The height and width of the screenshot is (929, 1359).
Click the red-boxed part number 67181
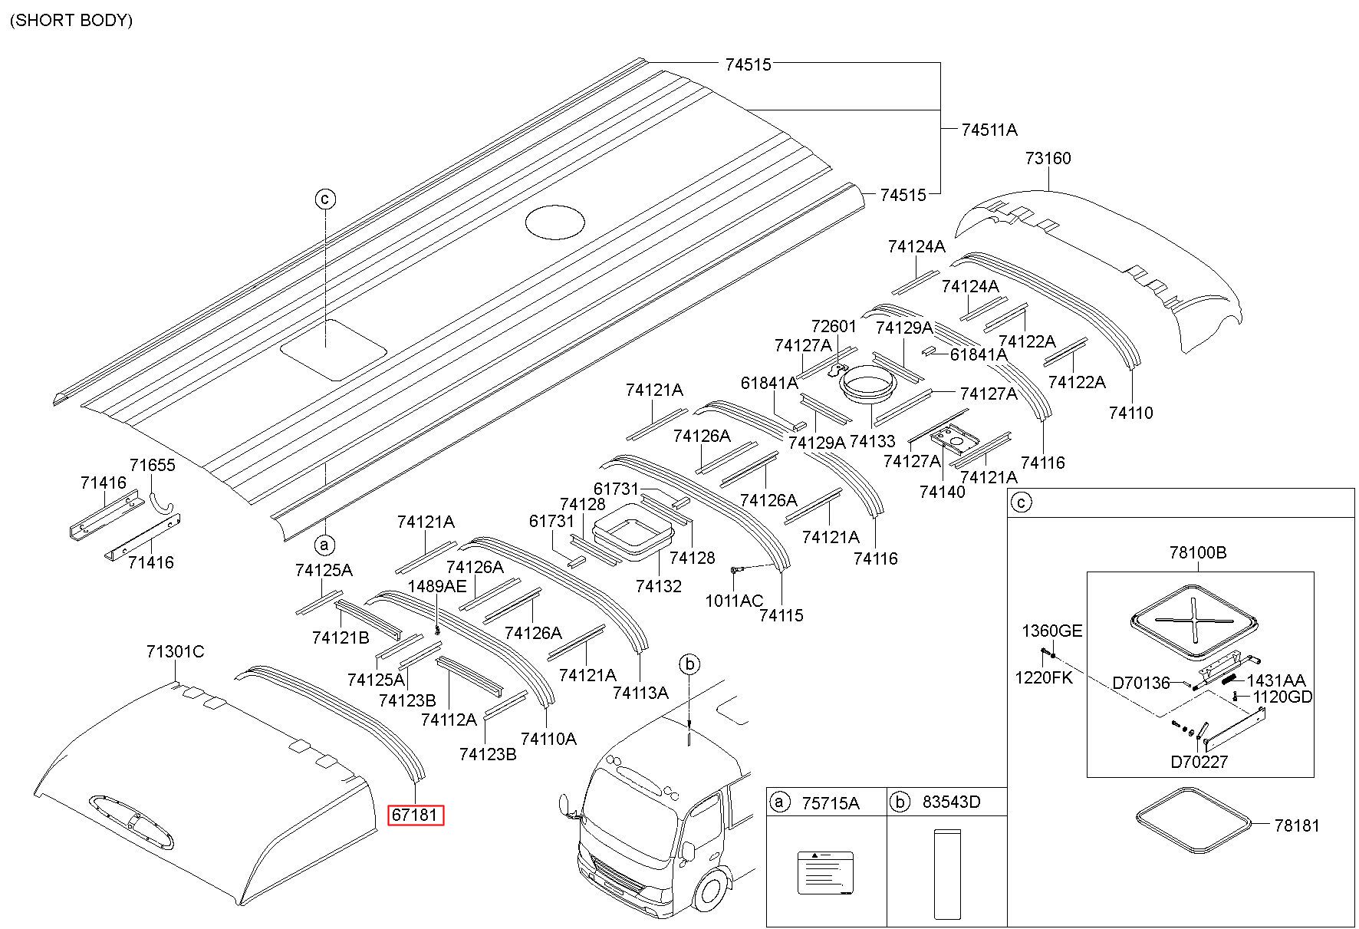[x=414, y=815]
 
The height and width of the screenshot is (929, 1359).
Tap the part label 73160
[x=1048, y=159]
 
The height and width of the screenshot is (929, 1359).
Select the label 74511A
[x=989, y=130]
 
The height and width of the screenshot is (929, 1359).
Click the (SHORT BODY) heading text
[x=71, y=21]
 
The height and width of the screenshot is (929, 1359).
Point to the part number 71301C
[x=175, y=652]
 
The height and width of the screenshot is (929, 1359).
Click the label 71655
[x=152, y=466]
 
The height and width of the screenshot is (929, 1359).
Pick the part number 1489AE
[x=436, y=587]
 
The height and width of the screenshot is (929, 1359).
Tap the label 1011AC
[x=734, y=601]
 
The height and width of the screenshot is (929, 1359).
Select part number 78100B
[x=1198, y=552]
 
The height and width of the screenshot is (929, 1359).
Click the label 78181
[x=1297, y=826]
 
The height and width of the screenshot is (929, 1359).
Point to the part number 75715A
[x=831, y=803]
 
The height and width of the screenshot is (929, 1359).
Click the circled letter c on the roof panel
[x=325, y=199]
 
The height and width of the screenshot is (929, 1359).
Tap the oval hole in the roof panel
[x=555, y=222]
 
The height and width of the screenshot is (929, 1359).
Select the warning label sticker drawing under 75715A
[x=825, y=872]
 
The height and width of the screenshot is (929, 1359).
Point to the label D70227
[x=1199, y=763]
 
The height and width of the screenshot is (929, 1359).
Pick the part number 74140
[x=943, y=492]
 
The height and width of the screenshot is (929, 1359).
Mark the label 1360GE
[x=1051, y=631]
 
